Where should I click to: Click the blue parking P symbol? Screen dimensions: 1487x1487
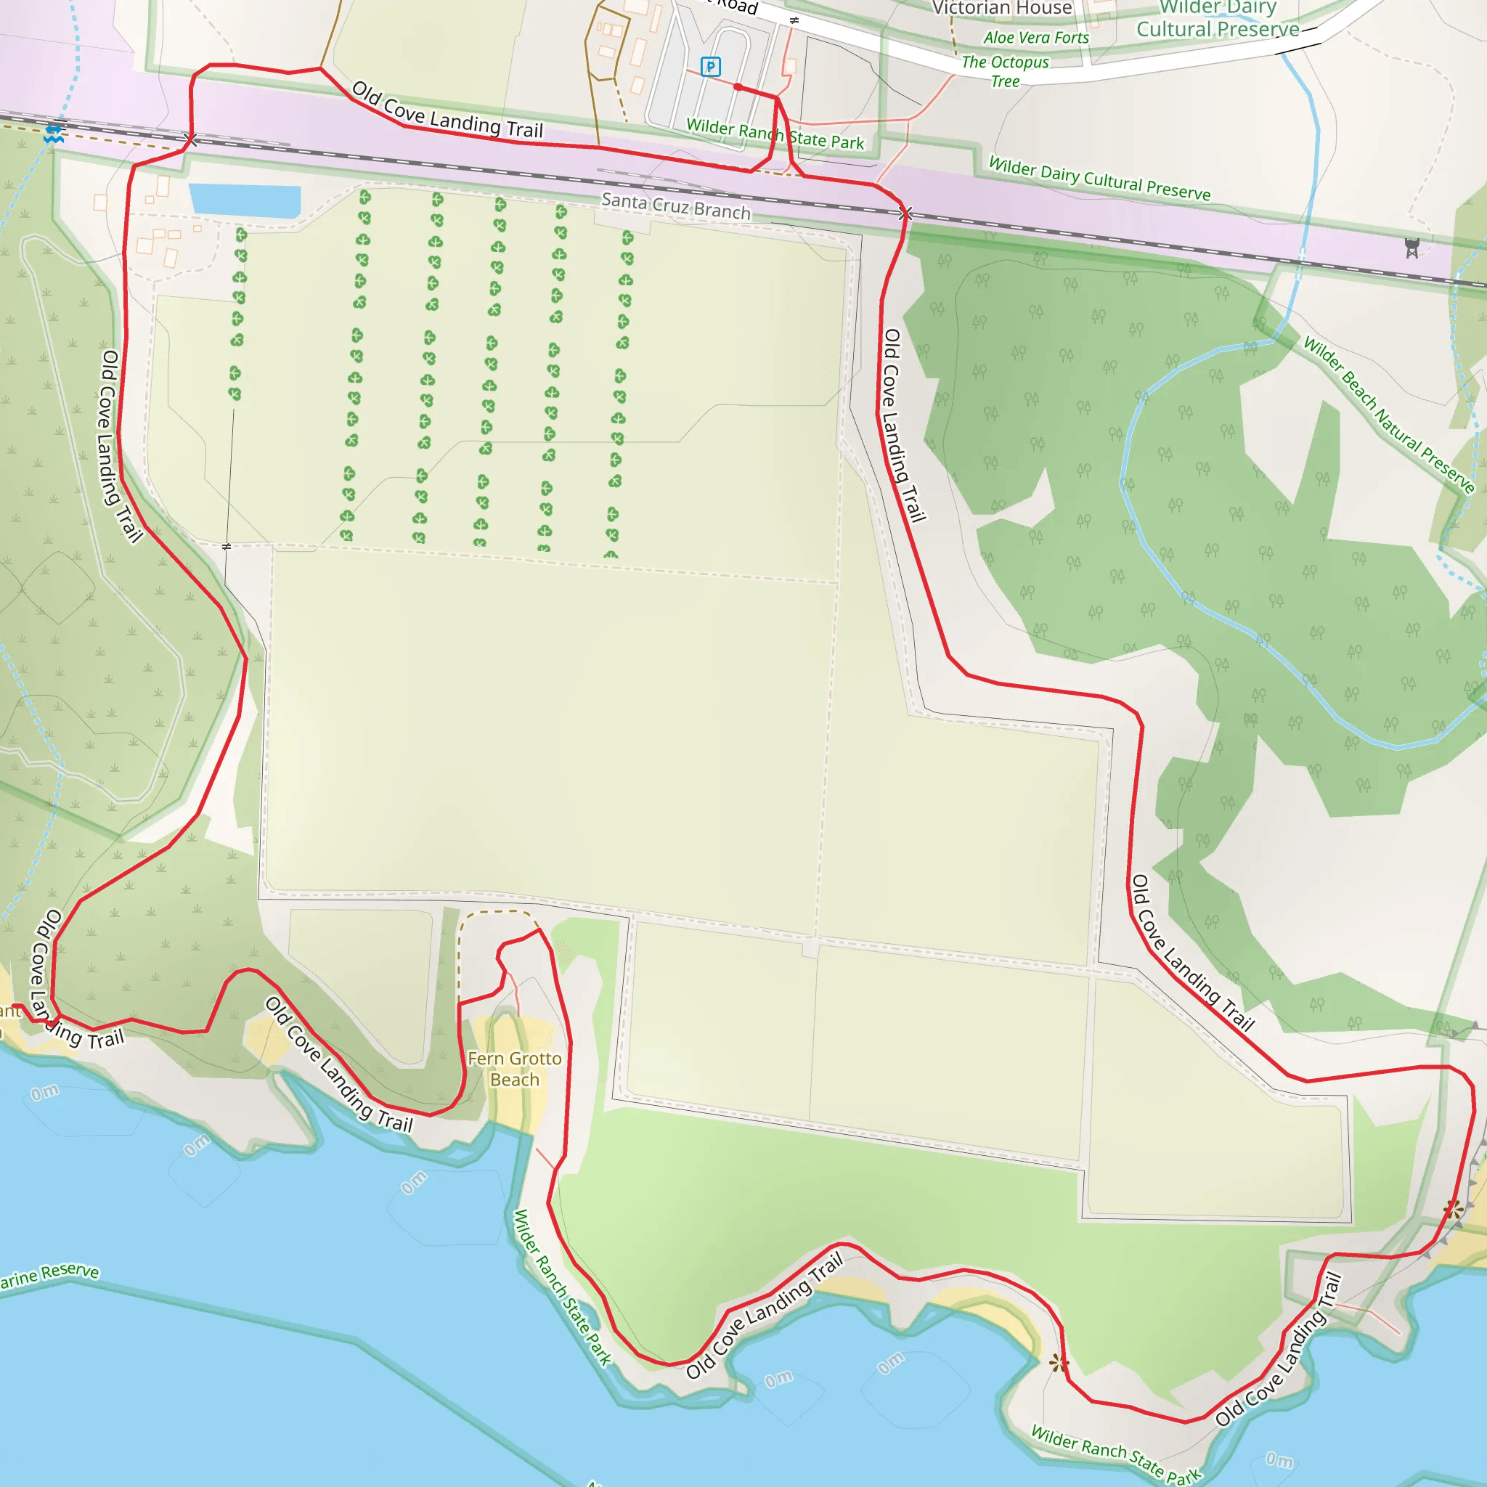click(x=709, y=67)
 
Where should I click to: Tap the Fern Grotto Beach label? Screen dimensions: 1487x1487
click(x=514, y=1069)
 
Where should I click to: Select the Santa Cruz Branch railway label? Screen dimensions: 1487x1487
click(x=675, y=206)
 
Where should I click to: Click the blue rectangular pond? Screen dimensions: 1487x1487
click(x=244, y=200)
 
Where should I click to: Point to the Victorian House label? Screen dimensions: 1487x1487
click(x=1001, y=8)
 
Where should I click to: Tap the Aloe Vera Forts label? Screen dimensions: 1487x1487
click(x=1036, y=38)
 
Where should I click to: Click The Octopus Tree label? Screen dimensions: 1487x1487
click(x=1005, y=71)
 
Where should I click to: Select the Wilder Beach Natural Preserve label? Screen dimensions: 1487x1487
click(x=1388, y=415)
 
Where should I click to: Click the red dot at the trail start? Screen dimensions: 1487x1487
click(x=738, y=87)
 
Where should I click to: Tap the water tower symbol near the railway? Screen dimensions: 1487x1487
click(x=1411, y=248)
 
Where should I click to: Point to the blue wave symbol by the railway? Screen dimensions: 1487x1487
click(x=53, y=135)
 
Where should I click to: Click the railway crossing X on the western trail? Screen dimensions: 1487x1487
click(x=191, y=139)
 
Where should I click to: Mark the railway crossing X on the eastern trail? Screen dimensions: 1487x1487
click(x=905, y=213)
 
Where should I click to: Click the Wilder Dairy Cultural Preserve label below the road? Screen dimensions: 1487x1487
click(x=1099, y=179)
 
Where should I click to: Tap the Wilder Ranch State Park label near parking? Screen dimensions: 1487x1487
click(x=775, y=134)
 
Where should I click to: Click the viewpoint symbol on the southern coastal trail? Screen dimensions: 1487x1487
click(x=1059, y=1363)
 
